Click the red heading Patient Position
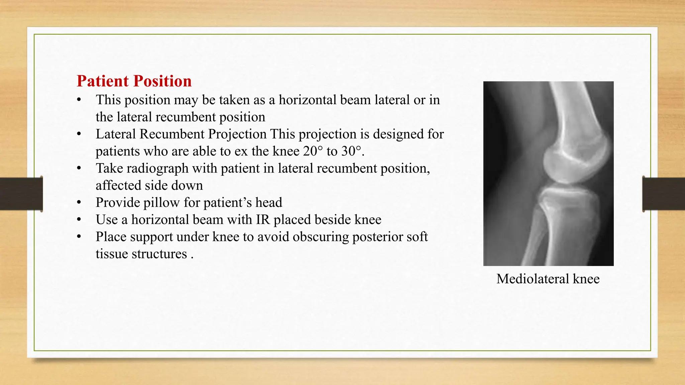tap(134, 81)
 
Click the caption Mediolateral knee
tap(548, 279)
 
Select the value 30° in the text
tap(352, 151)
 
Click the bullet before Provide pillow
tap(79, 203)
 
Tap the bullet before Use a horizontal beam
tap(79, 220)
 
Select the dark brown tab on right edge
tap(664, 194)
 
